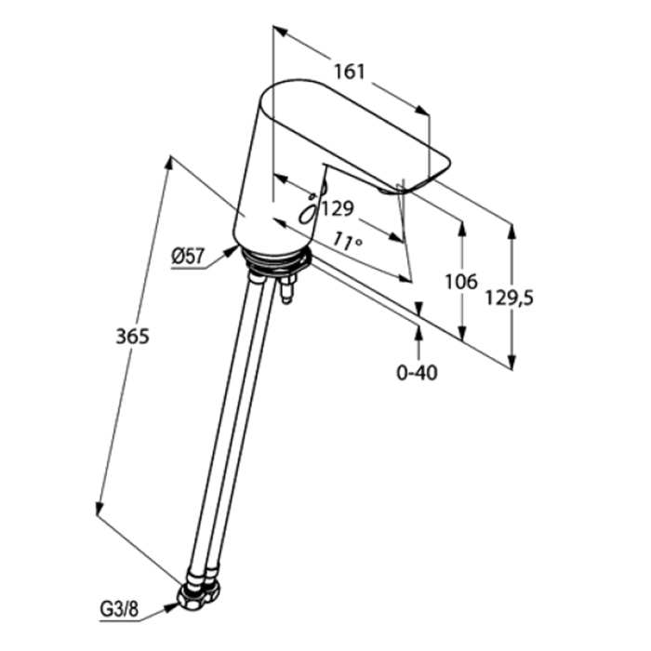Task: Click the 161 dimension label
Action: click(350, 72)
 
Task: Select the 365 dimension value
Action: click(132, 337)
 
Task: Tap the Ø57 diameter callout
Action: click(188, 257)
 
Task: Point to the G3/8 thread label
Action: click(119, 610)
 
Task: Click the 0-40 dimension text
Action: click(417, 373)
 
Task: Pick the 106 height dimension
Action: click(461, 283)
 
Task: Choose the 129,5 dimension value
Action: click(510, 299)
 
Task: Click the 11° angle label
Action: click(348, 241)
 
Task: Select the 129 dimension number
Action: click(338, 209)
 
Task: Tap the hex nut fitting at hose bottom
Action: click(198, 595)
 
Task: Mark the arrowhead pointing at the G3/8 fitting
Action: click(171, 607)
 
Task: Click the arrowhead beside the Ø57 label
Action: click(232, 251)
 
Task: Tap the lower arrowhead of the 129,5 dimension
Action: click(511, 362)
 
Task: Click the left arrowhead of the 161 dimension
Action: click(280, 31)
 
